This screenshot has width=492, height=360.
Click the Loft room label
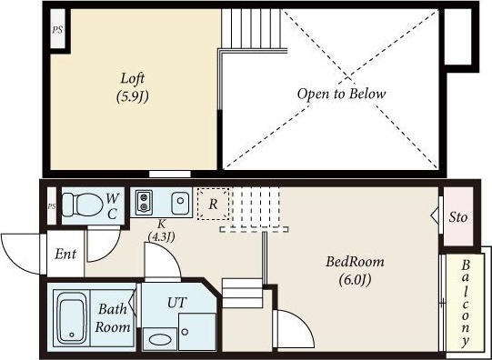(x=133, y=87)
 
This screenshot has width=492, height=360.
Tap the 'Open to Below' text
(x=341, y=94)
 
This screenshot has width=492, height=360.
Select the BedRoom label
(x=355, y=271)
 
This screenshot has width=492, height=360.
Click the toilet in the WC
(x=83, y=205)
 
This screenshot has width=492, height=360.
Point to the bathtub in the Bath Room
(x=72, y=317)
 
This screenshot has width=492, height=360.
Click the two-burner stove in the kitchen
(x=144, y=202)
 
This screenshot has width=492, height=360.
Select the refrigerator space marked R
(x=214, y=204)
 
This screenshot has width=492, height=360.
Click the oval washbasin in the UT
(x=160, y=340)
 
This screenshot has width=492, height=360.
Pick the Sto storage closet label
(x=457, y=216)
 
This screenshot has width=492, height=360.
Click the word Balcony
(x=466, y=303)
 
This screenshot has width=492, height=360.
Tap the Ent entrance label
(x=65, y=254)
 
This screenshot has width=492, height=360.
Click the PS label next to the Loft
(x=57, y=30)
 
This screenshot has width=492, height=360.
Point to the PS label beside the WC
(x=52, y=206)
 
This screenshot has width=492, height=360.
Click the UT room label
(x=177, y=303)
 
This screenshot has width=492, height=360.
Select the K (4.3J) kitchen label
(x=161, y=231)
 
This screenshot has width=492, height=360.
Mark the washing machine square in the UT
(x=196, y=332)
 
